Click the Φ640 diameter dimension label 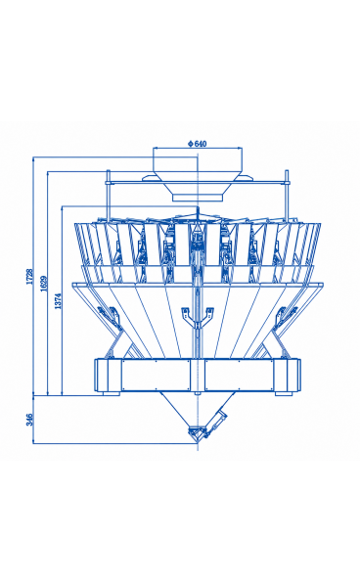(x=197, y=144)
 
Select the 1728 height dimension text (x=29, y=277)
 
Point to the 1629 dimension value (x=44, y=284)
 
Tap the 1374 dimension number (x=58, y=301)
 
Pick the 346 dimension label (x=29, y=420)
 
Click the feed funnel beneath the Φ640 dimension (x=198, y=174)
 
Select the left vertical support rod (x=109, y=196)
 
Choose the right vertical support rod (x=287, y=196)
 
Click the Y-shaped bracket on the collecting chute (x=198, y=318)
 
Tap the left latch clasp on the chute (x=110, y=316)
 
